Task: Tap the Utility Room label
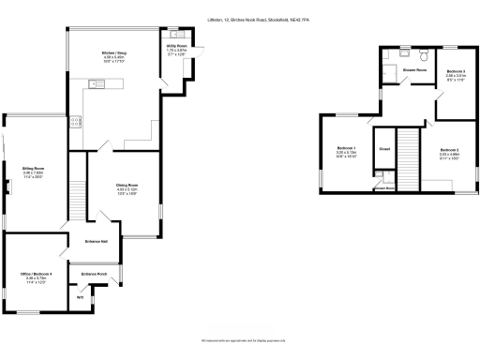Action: [x=175, y=45]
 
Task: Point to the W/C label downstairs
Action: [x=80, y=296]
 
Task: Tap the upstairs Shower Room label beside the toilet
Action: [x=415, y=69]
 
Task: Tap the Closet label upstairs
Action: [x=384, y=148]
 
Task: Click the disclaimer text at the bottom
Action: [x=239, y=340]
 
